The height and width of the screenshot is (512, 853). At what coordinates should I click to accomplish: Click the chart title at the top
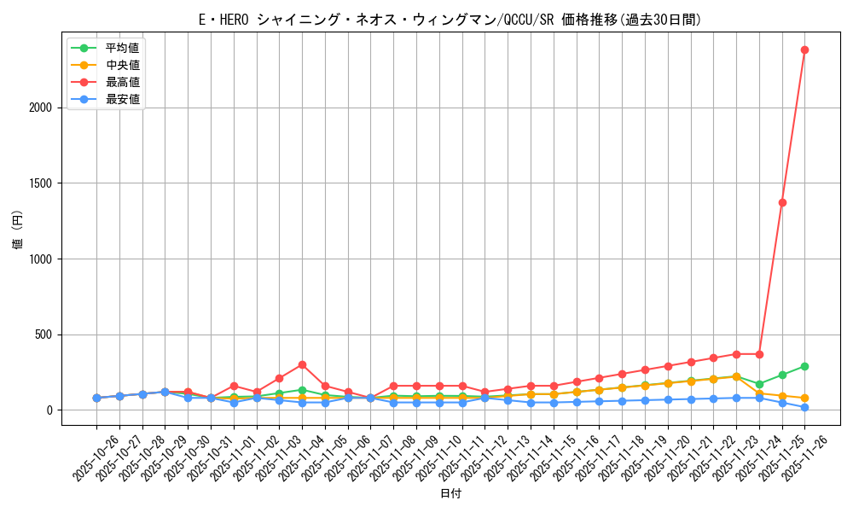[450, 20]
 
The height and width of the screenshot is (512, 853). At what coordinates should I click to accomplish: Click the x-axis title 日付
[450, 494]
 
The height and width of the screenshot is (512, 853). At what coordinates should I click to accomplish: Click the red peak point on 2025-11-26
[804, 49]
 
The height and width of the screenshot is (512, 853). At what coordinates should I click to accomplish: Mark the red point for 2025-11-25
[782, 202]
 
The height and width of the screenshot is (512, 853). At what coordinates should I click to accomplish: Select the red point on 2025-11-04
[302, 364]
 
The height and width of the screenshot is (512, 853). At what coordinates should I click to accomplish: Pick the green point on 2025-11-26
[804, 366]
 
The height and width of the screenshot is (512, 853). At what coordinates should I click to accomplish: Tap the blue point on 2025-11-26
[804, 407]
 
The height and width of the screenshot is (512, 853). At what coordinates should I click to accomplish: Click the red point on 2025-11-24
[759, 354]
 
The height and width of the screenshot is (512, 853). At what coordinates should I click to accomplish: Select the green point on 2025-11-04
[302, 390]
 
